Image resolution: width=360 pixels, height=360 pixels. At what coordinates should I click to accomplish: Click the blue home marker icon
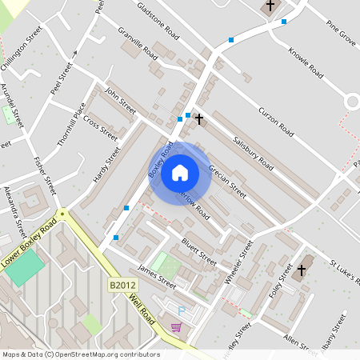180,172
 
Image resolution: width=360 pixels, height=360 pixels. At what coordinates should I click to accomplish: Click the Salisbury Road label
254,153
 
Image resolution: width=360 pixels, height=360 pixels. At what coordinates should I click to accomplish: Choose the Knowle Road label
306,62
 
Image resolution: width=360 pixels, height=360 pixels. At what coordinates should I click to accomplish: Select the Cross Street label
100,128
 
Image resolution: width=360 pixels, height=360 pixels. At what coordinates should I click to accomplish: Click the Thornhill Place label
70,126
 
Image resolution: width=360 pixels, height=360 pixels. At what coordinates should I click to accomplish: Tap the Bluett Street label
198,248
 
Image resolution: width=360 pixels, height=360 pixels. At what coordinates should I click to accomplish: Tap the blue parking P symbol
181,310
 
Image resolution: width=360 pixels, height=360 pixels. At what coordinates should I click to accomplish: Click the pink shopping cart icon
175,326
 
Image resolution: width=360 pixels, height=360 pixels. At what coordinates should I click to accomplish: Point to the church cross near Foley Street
302,270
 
